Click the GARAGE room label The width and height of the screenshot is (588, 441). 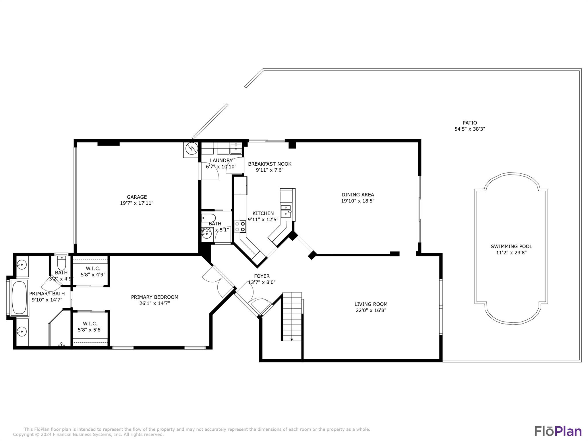coord(137,197)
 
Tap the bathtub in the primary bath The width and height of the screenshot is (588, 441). coord(20,297)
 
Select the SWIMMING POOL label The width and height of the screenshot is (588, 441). coord(511,246)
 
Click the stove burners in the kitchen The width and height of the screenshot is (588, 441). coord(240,226)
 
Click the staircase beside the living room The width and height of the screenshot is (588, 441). coord(292,316)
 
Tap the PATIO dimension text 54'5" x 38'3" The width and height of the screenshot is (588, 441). coord(470,129)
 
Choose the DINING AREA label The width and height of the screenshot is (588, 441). coord(358,195)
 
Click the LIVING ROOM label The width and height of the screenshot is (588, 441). coord(371,304)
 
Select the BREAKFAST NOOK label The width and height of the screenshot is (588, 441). coord(270,164)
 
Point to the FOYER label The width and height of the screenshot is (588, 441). coord(262,276)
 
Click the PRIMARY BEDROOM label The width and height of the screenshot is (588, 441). coord(155,297)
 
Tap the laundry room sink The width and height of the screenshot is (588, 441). coord(236,149)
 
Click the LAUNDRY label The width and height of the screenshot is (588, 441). coord(221,160)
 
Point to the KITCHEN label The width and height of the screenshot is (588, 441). coord(263,213)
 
